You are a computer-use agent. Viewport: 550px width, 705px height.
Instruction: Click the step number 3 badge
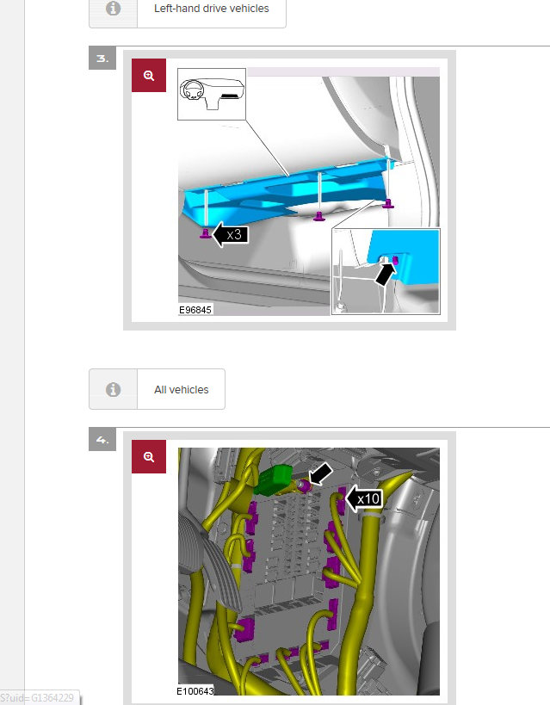click(102, 58)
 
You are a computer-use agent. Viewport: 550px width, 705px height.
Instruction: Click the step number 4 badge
click(102, 439)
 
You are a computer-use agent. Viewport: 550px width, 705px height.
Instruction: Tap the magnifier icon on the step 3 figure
click(149, 76)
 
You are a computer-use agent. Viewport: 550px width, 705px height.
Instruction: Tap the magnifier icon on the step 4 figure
click(149, 457)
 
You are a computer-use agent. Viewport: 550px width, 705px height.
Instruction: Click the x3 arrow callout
click(230, 234)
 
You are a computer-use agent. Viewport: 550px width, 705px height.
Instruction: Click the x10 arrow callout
click(364, 498)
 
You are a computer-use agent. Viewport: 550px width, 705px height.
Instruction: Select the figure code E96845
click(195, 310)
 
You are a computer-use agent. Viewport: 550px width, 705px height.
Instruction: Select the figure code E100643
click(195, 691)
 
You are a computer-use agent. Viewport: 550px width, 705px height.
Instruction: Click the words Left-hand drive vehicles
click(212, 9)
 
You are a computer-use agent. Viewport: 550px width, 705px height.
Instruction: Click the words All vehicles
click(182, 390)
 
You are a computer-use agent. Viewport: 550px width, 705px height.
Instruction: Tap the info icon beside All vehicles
click(113, 389)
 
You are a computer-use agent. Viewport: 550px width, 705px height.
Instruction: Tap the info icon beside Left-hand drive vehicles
click(113, 8)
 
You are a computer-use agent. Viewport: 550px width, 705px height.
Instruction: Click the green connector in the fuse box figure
click(273, 479)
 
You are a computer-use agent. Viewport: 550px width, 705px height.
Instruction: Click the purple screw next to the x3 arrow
click(206, 233)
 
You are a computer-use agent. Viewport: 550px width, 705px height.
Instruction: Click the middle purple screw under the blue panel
click(318, 217)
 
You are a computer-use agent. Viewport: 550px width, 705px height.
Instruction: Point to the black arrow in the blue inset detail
click(385, 274)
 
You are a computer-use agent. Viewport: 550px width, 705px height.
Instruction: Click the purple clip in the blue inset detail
click(396, 260)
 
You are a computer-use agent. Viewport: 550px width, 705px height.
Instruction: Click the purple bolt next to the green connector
click(304, 485)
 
